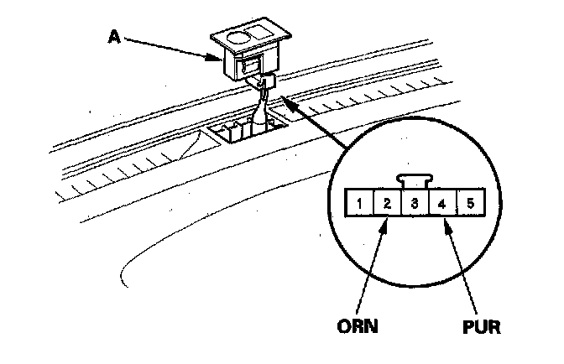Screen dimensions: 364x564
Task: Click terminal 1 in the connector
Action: (x=358, y=203)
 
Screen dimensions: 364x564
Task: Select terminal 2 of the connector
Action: (x=386, y=203)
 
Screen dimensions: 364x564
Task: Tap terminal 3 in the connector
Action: (x=414, y=203)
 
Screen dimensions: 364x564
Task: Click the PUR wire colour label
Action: (x=483, y=325)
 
